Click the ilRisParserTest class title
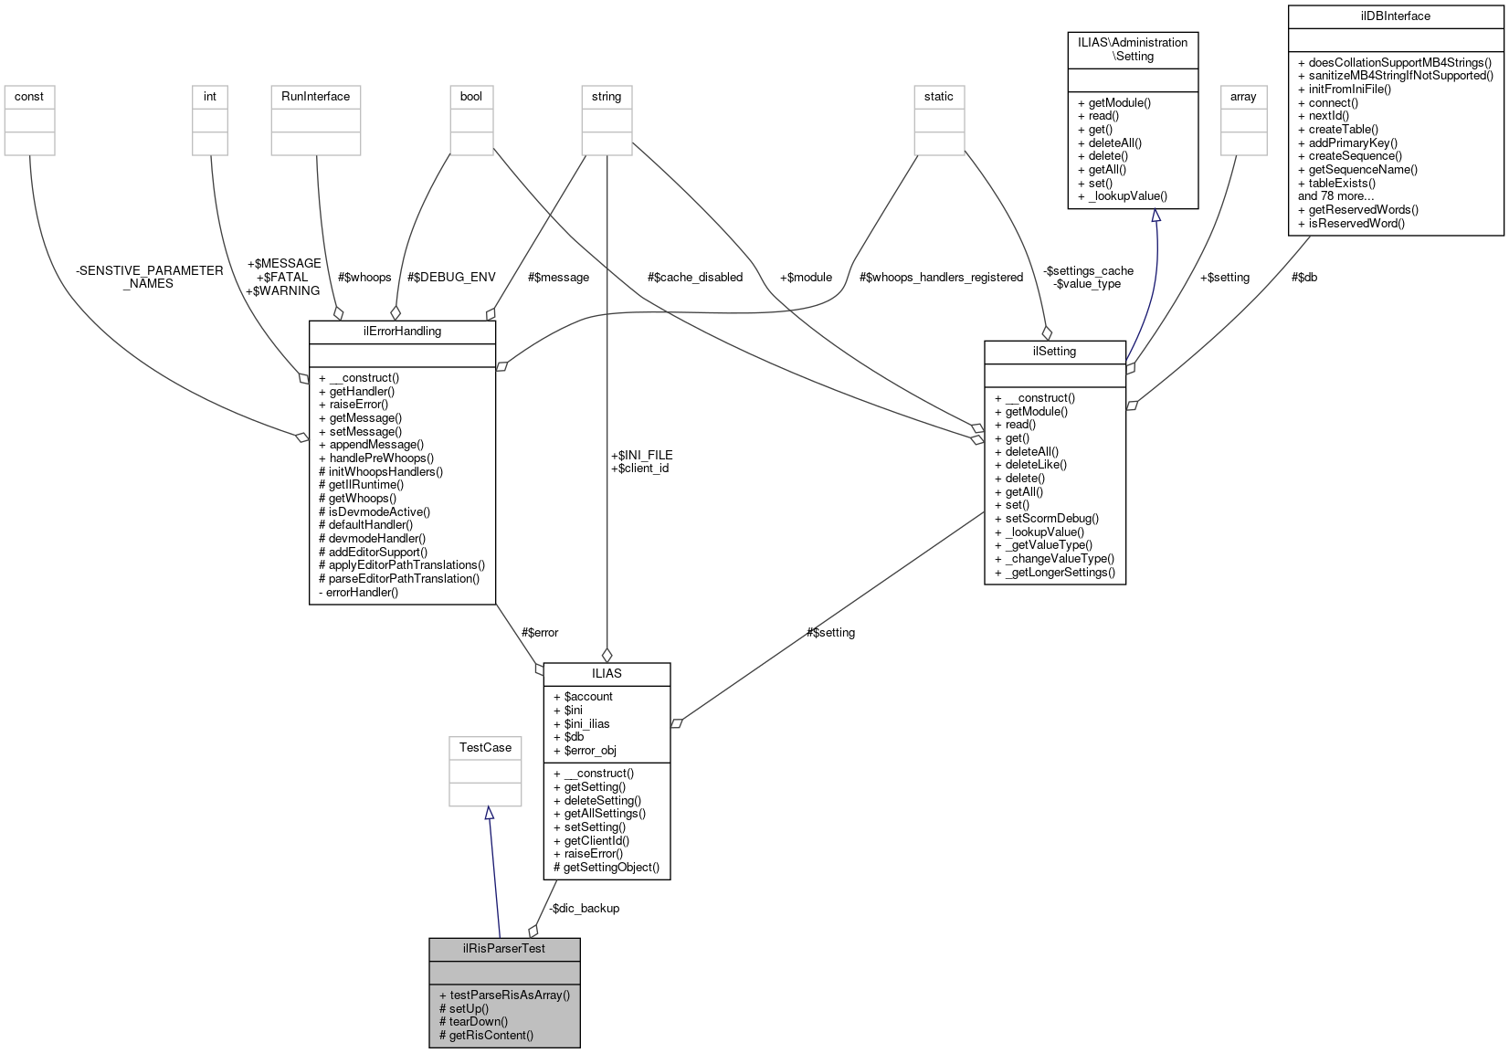pyautogui.click(x=504, y=948)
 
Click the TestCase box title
pyautogui.click(x=485, y=747)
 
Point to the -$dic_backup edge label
pyautogui.click(x=585, y=908)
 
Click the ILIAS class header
pyautogui.click(x=607, y=673)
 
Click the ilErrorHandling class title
pyautogui.click(x=402, y=331)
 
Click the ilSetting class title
pyautogui.click(x=1054, y=351)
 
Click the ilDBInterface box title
pyautogui.click(x=1395, y=16)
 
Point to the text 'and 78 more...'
pyautogui.click(x=1335, y=195)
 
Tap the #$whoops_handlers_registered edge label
pyautogui.click(x=941, y=277)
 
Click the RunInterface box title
pyautogui.click(x=315, y=96)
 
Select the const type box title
pyautogui.click(x=29, y=96)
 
